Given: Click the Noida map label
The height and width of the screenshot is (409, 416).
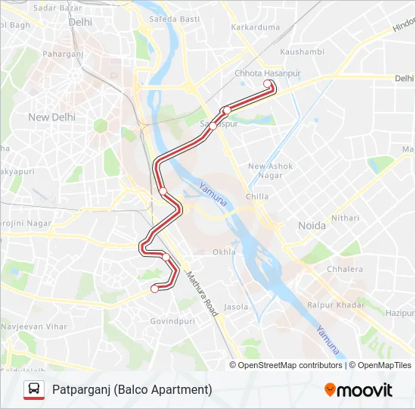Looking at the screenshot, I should (312, 226).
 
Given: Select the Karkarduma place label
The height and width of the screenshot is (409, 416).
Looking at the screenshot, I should (255, 27).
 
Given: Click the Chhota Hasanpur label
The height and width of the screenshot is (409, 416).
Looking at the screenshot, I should (267, 73).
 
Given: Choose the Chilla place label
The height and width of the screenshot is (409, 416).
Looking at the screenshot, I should (257, 197).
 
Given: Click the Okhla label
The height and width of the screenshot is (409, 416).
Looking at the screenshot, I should (224, 252).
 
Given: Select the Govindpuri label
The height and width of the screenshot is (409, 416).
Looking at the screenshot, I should (173, 321).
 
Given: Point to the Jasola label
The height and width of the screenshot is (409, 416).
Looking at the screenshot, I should (236, 307).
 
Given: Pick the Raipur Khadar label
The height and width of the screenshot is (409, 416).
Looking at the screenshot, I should (337, 304).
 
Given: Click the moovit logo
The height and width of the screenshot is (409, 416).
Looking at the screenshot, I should (358, 390).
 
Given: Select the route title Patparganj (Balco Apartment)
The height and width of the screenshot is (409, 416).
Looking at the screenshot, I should (132, 389).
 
